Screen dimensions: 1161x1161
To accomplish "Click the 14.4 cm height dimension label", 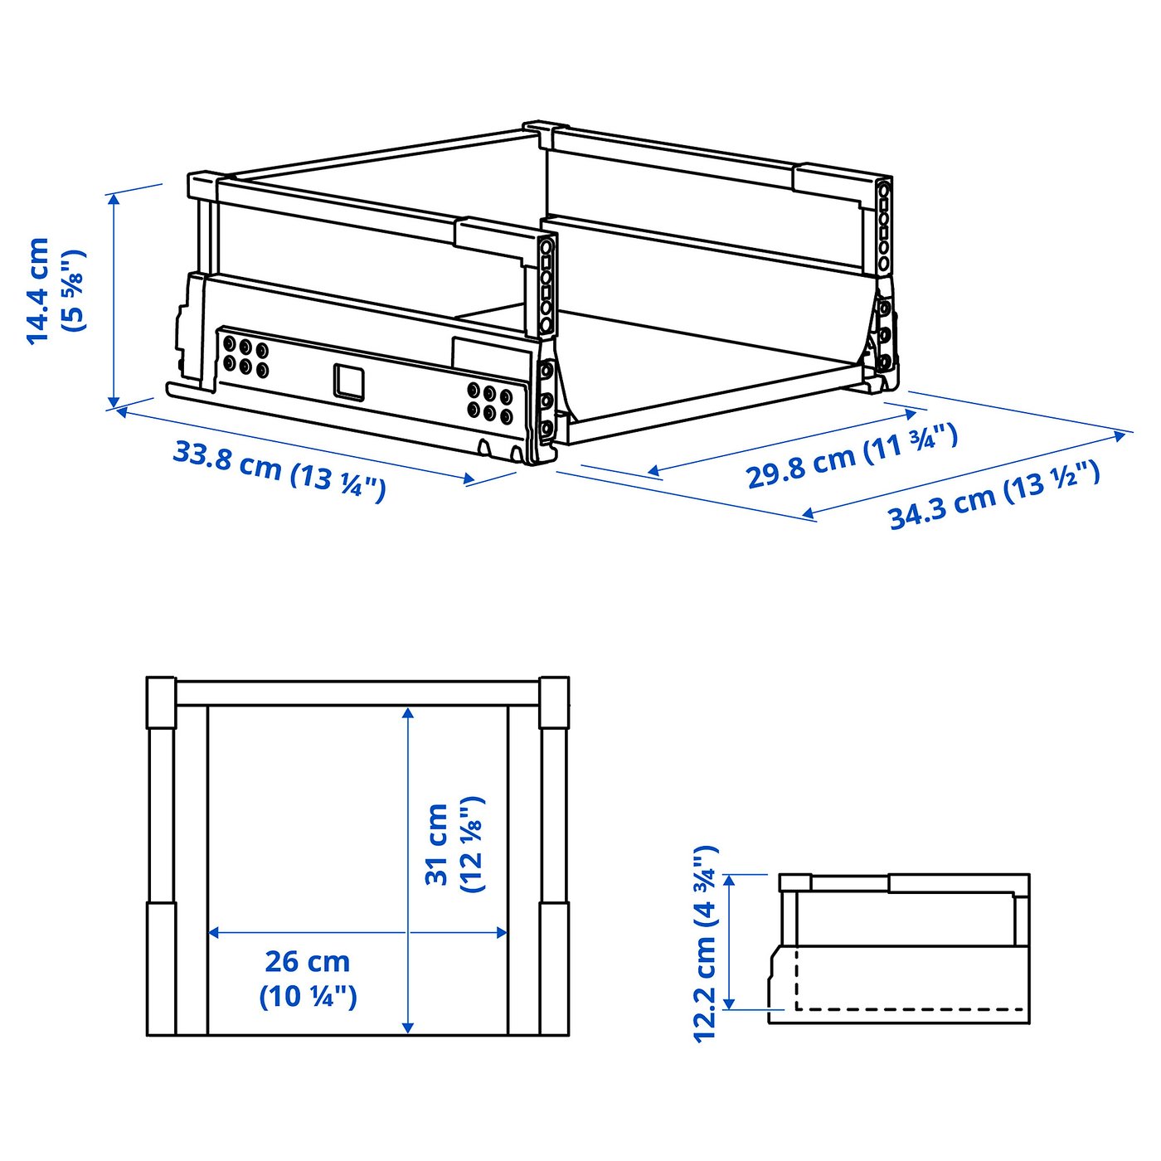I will [x=39, y=290].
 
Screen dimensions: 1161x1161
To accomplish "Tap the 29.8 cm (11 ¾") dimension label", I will [x=852, y=455].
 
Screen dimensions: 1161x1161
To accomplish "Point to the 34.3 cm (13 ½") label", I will [x=993, y=495].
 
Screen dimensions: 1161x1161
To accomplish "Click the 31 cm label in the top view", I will [x=437, y=843].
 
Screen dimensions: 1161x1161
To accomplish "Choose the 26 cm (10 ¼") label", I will [x=308, y=979].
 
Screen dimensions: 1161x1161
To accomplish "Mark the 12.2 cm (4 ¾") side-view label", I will [x=705, y=943].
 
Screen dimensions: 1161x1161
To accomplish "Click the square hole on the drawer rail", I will [x=349, y=381].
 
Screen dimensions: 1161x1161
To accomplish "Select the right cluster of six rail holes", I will [x=489, y=401].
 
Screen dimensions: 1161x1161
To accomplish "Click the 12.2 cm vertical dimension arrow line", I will [x=729, y=941].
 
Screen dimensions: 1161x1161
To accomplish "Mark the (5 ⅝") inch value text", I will [x=75, y=290].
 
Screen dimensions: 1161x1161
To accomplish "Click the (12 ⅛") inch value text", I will [x=471, y=843].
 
